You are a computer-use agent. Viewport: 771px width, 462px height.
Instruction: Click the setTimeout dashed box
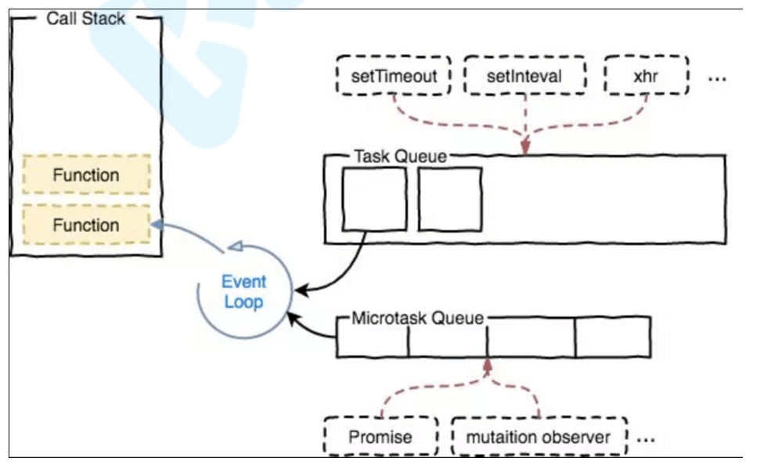[x=393, y=76]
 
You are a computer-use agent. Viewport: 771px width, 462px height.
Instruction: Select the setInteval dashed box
[x=524, y=76]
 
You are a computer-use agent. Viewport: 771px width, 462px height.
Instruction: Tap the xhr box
[x=647, y=76]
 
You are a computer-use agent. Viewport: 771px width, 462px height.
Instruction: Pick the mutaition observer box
[x=539, y=436]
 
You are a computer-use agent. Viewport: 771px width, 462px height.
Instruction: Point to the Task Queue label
[x=400, y=157]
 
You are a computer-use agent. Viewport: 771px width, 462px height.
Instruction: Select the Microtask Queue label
[x=418, y=319]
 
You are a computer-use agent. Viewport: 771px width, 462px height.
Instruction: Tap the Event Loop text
[x=243, y=291]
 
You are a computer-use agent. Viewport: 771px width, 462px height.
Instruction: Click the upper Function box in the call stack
[x=86, y=175]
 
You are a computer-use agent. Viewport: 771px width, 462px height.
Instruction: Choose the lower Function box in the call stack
[x=86, y=225]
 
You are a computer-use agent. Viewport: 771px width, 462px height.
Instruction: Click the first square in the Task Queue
[x=374, y=199]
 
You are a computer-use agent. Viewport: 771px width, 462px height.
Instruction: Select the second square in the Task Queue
[x=449, y=199]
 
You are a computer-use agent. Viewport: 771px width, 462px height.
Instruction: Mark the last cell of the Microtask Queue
[x=612, y=338]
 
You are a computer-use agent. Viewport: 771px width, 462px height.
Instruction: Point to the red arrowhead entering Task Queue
[x=525, y=146]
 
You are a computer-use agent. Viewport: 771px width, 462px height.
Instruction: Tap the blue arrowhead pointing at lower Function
[x=157, y=225]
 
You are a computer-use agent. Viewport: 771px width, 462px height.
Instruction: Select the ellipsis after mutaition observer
[x=645, y=440]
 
